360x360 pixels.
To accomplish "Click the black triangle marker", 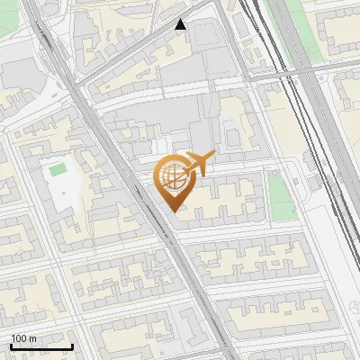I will (x=181, y=24).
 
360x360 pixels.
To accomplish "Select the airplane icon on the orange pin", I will (x=200, y=165).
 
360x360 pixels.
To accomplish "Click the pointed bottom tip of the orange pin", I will (x=172, y=211).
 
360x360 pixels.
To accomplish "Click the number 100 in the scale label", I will (x=19, y=337).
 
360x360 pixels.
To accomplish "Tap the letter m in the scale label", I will (x=33, y=337).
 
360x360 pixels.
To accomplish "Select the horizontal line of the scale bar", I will (x=41, y=346).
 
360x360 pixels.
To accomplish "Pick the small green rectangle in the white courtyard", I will (x=58, y=168).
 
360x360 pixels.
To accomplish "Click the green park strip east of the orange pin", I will (x=282, y=195).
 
